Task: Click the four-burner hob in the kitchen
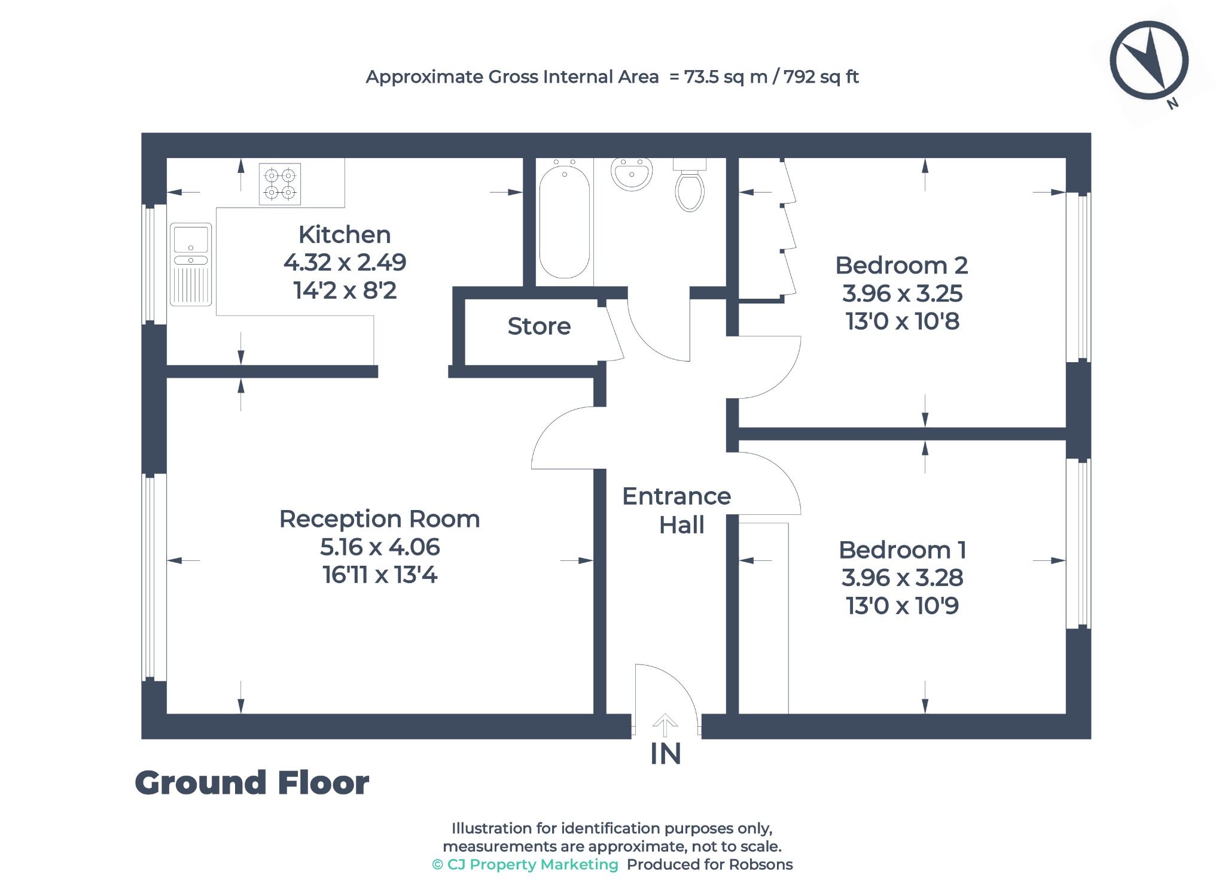[280, 184]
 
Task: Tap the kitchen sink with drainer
[191, 264]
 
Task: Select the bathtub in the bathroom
[564, 222]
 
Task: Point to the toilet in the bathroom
[690, 185]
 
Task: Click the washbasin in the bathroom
[631, 174]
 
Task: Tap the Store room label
[539, 326]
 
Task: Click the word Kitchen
[345, 235]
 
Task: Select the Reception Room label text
[380, 519]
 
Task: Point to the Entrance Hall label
[677, 511]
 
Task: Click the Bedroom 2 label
[901, 265]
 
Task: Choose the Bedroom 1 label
[902, 550]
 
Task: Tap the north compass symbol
[1149, 60]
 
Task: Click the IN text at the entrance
[665, 754]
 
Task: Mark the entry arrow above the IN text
[665, 725]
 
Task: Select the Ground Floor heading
[252, 783]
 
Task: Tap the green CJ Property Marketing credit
[525, 864]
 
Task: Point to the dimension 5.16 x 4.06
[380, 547]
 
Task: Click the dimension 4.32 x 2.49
[345, 262]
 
